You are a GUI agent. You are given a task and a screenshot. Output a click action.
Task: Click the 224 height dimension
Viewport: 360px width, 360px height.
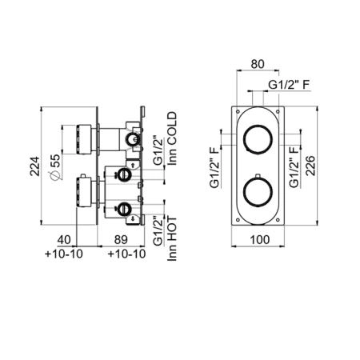tap(34, 166)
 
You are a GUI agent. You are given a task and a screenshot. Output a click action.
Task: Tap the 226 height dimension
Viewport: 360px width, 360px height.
tap(310, 166)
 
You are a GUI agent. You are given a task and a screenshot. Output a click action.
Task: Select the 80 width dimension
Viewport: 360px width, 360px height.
tap(258, 64)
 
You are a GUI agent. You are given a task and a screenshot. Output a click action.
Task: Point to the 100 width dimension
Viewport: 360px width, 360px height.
tap(259, 239)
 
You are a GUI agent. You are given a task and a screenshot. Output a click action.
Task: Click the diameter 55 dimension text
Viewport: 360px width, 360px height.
tap(54, 166)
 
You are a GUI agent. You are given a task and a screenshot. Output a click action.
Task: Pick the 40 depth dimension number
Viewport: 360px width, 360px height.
tap(64, 239)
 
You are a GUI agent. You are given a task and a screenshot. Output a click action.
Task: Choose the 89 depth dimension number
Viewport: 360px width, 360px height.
tap(121, 239)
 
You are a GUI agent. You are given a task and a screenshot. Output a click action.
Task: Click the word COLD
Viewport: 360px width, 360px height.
tap(172, 129)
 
